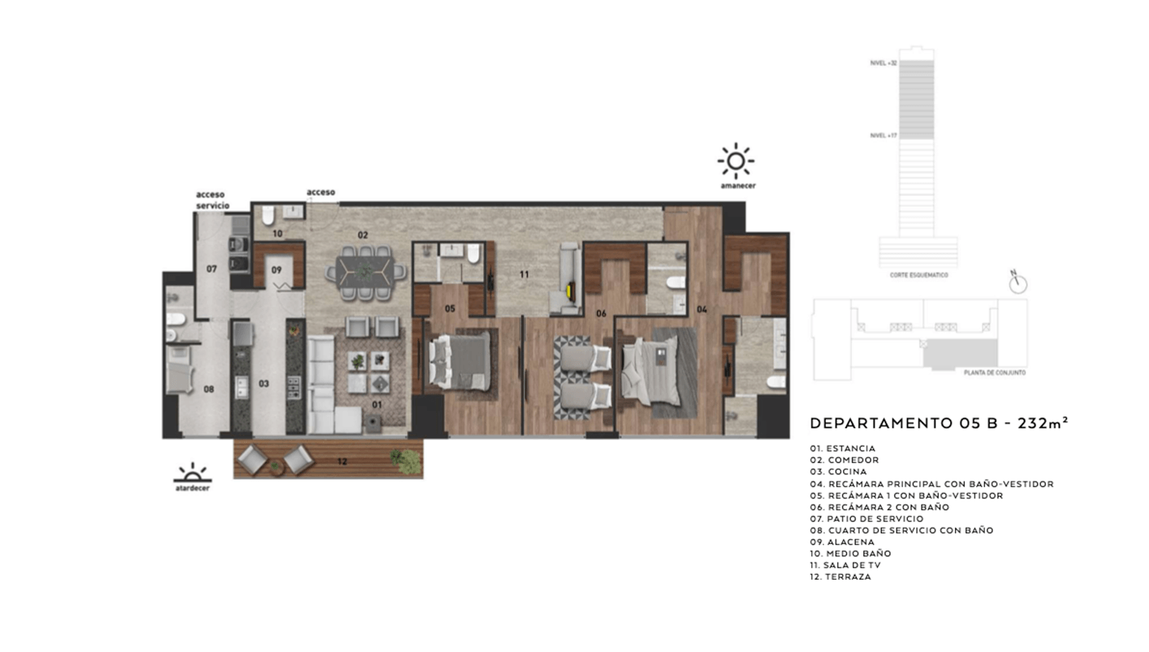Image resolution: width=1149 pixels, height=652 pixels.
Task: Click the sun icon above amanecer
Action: (x=736, y=161)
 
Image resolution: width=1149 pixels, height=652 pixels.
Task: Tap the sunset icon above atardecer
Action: (x=192, y=473)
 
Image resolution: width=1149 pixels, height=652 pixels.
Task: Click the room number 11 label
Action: (x=525, y=274)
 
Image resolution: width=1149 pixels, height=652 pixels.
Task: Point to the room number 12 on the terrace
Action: (x=343, y=462)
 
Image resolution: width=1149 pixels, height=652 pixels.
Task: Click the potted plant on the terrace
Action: (x=407, y=460)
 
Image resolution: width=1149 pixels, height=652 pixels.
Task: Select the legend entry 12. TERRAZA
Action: (x=840, y=576)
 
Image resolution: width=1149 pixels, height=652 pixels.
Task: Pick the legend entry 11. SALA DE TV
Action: (x=844, y=565)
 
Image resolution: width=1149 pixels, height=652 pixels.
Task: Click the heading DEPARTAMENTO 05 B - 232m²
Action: (x=939, y=423)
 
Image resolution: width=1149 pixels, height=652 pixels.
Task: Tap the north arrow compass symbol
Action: (x=1018, y=283)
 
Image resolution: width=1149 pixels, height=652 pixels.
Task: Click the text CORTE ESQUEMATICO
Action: (x=918, y=275)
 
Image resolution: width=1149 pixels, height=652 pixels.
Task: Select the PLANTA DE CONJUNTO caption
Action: (x=995, y=372)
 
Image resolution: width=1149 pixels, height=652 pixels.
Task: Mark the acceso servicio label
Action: (x=210, y=200)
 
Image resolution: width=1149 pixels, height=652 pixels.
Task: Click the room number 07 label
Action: (x=211, y=268)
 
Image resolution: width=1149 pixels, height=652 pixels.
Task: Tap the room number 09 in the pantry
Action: (x=277, y=270)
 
